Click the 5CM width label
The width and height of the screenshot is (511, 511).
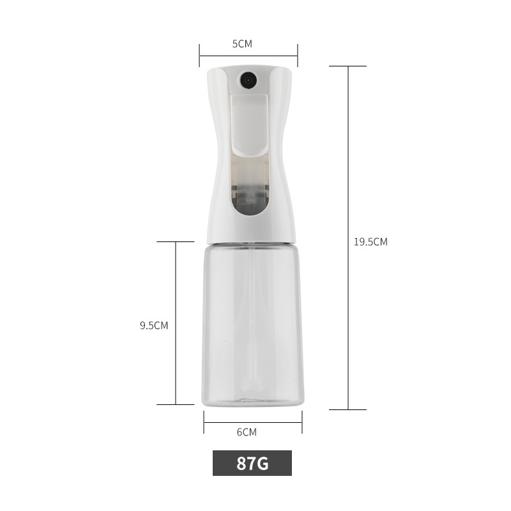coord(242,44)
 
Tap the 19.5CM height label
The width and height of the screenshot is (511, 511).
coord(370,241)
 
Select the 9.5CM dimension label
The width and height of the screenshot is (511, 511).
coord(154,324)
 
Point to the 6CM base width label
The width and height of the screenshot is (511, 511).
coord(247,432)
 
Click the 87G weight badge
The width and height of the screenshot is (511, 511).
coord(252,463)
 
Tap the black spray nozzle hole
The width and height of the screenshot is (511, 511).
coord(247,80)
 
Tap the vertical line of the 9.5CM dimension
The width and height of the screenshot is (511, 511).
coord(176,287)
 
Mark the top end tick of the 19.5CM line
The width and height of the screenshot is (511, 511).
coord(348,66)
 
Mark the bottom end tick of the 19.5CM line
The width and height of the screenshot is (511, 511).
coord(348,409)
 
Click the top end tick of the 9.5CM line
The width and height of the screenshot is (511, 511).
coord(176,242)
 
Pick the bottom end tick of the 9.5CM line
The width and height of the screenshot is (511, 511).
coord(176,404)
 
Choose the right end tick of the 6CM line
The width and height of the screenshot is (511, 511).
coord(302,422)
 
